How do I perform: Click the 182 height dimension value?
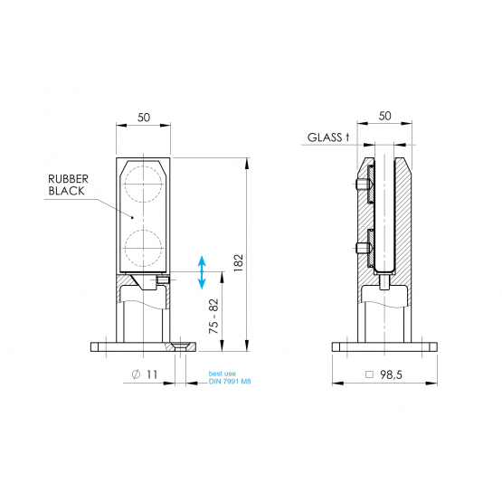point(239,263)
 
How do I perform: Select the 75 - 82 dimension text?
point(213,317)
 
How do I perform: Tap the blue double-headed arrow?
point(202,272)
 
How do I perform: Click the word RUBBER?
point(68,179)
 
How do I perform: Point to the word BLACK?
point(66,191)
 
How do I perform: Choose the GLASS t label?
point(328,137)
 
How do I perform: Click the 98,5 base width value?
point(391,374)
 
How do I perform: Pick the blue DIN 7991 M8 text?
point(230,382)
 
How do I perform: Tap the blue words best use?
point(223,374)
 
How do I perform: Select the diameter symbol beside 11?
point(136,374)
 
